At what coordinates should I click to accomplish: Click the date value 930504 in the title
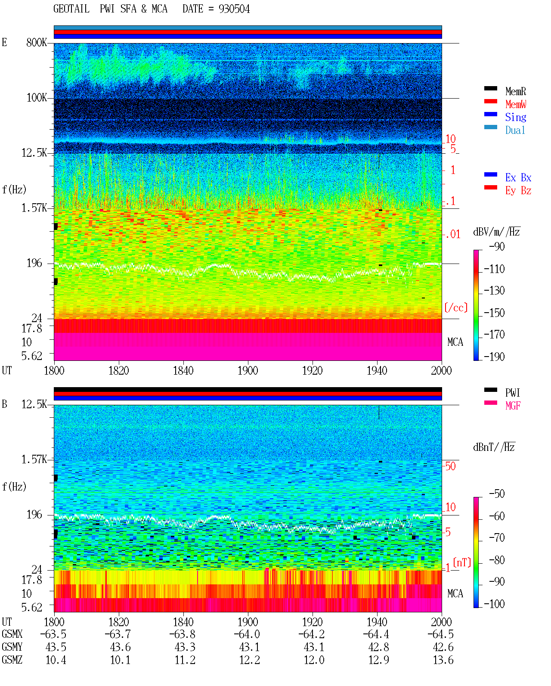click(x=234, y=9)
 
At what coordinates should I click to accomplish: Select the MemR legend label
click(x=516, y=91)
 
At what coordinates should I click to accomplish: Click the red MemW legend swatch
click(x=491, y=101)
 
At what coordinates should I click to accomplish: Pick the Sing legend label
click(x=516, y=117)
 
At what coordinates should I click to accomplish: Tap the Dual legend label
click(x=515, y=130)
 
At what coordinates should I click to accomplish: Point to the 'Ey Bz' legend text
click(x=518, y=191)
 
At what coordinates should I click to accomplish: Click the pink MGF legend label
click(x=513, y=406)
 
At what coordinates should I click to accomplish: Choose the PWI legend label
click(x=512, y=393)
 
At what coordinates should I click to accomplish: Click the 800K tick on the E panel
click(x=37, y=42)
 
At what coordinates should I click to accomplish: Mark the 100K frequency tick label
click(x=37, y=98)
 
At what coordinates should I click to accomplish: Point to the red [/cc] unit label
click(x=456, y=307)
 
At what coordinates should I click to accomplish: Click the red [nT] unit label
click(x=462, y=562)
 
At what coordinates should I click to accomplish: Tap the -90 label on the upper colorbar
click(x=497, y=246)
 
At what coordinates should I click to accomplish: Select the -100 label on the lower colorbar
click(x=494, y=604)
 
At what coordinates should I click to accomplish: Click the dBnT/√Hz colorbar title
click(x=494, y=447)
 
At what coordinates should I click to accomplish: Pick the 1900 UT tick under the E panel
click(x=248, y=371)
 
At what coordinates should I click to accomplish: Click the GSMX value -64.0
click(x=247, y=634)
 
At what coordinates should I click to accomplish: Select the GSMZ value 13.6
click(x=443, y=660)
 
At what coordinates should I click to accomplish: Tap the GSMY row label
click(x=12, y=647)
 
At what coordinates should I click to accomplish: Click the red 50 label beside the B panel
click(x=450, y=466)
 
